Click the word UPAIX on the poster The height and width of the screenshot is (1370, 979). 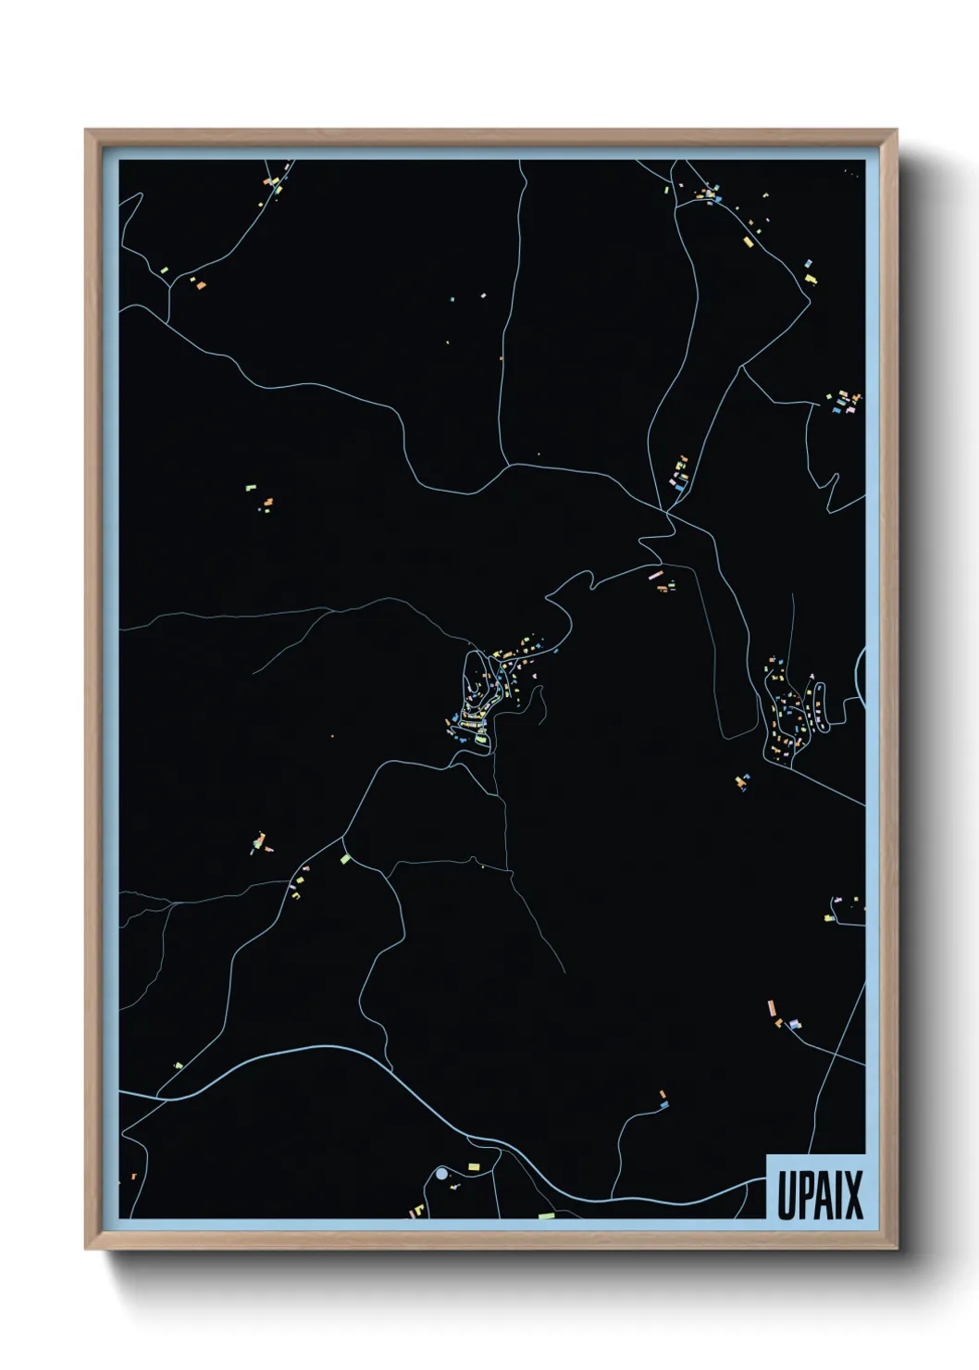(x=819, y=1194)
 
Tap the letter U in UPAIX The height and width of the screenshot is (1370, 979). (x=785, y=1194)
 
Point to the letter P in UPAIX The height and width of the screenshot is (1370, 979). (x=801, y=1194)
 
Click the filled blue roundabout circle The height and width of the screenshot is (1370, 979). (x=441, y=1173)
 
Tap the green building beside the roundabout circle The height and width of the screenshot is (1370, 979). (x=474, y=1167)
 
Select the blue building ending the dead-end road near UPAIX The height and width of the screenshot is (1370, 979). (x=663, y=1104)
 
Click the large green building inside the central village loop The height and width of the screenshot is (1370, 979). (x=481, y=739)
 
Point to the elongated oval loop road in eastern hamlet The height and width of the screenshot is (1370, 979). (x=821, y=707)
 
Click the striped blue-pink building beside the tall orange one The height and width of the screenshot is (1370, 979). (x=793, y=1024)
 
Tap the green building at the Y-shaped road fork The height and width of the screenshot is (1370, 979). (x=345, y=859)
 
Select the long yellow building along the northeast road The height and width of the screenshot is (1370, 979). (x=748, y=243)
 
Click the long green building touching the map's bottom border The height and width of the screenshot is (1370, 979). (x=546, y=1214)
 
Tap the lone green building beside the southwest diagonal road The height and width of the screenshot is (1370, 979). (x=179, y=1065)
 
